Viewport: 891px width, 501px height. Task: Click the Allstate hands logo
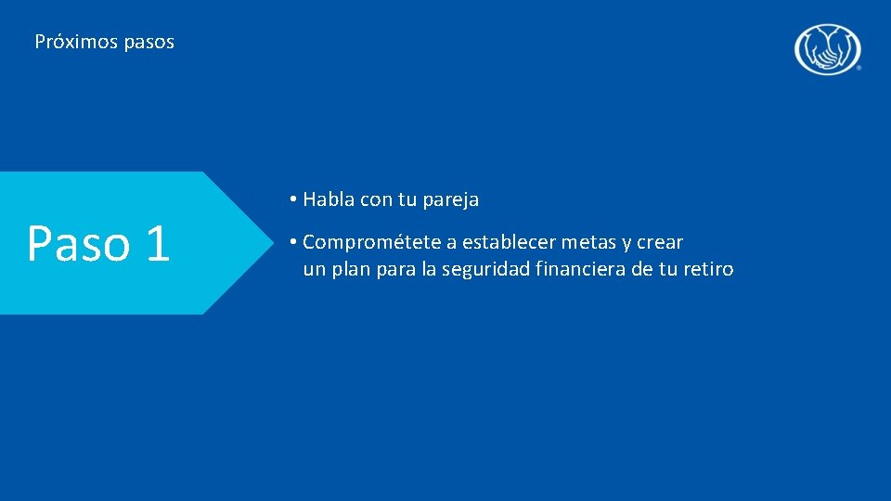pyautogui.click(x=827, y=48)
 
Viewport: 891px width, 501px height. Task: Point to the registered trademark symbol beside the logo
pyautogui.click(x=859, y=69)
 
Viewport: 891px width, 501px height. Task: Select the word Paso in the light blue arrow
pyautogui.click(x=78, y=243)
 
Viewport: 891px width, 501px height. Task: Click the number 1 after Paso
pyautogui.click(x=157, y=243)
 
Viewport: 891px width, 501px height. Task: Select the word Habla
pyautogui.click(x=328, y=199)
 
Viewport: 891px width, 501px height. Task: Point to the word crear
pyautogui.click(x=660, y=243)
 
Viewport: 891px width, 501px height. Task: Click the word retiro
pyautogui.click(x=708, y=270)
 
